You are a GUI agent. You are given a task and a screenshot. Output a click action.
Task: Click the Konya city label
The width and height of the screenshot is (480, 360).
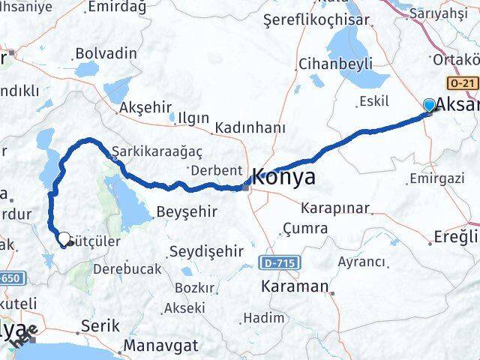pyautogui.click(x=283, y=178)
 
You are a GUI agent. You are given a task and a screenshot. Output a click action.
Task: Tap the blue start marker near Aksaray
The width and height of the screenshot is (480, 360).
pyautogui.click(x=429, y=106)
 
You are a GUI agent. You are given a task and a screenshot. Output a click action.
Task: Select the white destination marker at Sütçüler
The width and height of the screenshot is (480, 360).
pyautogui.click(x=64, y=239)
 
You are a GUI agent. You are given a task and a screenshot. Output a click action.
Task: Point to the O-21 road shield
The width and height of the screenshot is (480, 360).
pyautogui.click(x=462, y=82)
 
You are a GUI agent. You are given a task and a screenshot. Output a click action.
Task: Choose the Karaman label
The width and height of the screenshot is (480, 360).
pyautogui.click(x=294, y=286)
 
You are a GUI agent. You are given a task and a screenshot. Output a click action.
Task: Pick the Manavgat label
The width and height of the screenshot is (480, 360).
pyautogui.click(x=160, y=345)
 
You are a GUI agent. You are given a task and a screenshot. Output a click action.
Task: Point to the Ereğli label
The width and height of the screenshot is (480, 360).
pyautogui.click(x=455, y=237)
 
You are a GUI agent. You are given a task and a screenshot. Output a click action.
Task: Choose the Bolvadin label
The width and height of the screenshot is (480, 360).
pyautogui.click(x=106, y=53)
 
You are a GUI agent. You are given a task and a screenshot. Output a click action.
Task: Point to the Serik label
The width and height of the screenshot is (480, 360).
pyautogui.click(x=100, y=327)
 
